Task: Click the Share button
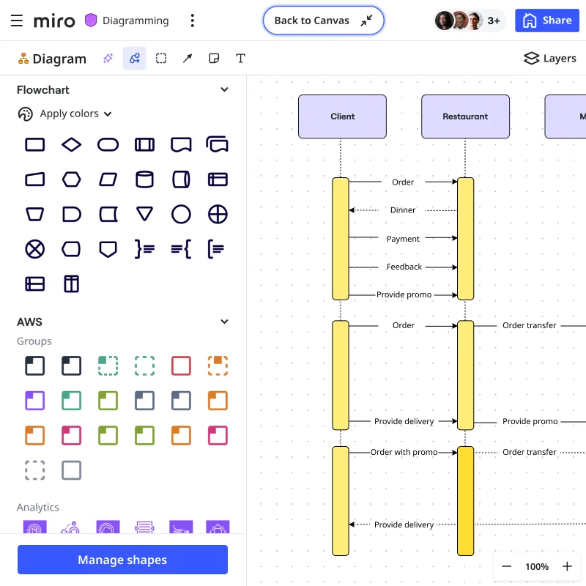point(547,21)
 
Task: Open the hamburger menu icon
point(17,21)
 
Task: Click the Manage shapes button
point(122,560)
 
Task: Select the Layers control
point(550,59)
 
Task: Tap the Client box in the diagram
point(342,116)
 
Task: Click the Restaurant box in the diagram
point(465,116)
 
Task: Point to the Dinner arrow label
point(403,210)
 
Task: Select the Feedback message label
point(404,267)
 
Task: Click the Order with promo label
point(404,452)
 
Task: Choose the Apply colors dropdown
point(66,114)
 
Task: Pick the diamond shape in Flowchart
point(72,144)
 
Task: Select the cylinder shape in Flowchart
point(145,179)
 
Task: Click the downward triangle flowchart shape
point(145,214)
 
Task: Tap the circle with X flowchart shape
point(35,249)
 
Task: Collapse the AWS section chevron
point(224,322)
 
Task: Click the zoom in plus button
point(567,566)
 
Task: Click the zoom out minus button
point(507,566)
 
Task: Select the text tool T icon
point(240,59)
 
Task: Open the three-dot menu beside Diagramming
point(192,21)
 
